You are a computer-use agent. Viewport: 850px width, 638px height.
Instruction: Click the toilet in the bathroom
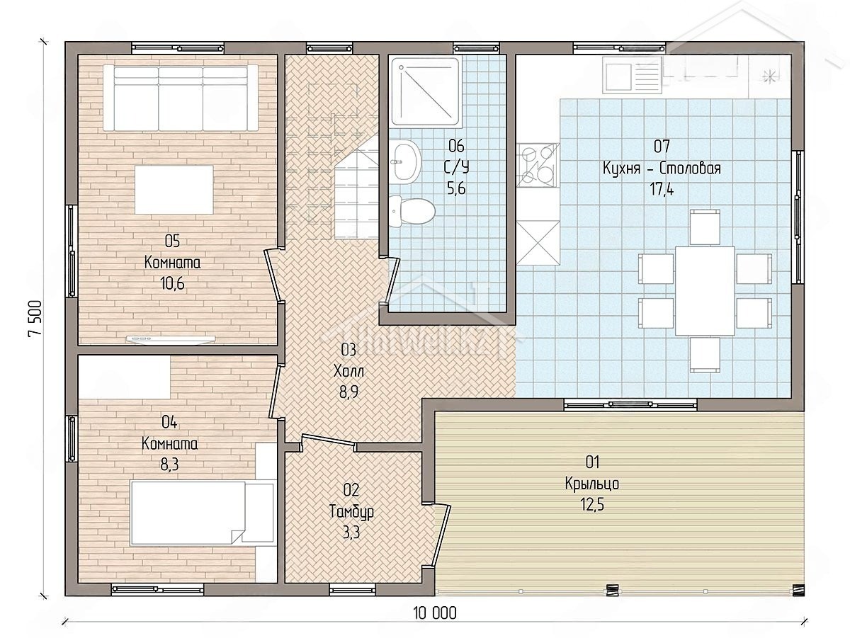[x=412, y=212]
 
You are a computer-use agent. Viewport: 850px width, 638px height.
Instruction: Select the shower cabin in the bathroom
[x=426, y=92]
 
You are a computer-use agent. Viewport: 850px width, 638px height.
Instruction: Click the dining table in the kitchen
[x=705, y=291]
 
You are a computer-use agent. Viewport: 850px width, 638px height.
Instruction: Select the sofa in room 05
[x=181, y=98]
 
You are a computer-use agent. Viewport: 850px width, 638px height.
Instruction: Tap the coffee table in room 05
[x=174, y=190]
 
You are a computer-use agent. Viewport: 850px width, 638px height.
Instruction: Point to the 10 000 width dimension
[x=435, y=613]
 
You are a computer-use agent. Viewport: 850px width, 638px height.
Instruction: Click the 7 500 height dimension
[x=35, y=319]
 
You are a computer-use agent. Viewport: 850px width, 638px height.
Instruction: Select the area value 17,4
[x=662, y=190]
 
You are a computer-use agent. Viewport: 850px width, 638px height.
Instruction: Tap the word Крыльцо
[x=592, y=484]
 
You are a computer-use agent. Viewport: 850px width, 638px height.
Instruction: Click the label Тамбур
[x=351, y=512]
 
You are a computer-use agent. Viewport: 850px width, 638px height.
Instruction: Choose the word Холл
[x=348, y=372]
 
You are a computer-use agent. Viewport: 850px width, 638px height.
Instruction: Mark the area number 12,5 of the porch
[x=592, y=505]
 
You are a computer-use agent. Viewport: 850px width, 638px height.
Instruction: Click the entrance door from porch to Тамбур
[x=441, y=536]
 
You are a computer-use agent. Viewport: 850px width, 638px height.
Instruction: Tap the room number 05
[x=172, y=241]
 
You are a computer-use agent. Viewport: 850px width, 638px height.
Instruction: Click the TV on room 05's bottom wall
[x=171, y=339]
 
